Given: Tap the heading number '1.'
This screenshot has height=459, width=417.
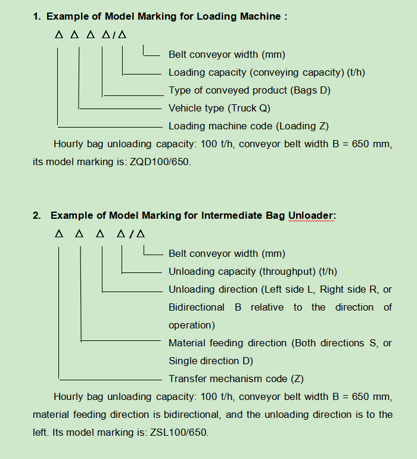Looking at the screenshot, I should pos(37,16).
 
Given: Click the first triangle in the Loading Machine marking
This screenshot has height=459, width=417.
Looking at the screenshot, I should pos(58,35).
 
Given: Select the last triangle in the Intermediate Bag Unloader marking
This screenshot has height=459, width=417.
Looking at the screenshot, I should pos(141,234).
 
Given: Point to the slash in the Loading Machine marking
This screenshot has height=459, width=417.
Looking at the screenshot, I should pos(114,35).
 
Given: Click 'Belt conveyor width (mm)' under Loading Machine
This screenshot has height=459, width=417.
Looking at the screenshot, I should pos(226,54).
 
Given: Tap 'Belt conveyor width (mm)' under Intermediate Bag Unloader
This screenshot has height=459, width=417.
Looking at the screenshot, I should pos(226,253).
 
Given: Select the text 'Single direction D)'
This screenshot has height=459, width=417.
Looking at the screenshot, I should pos(210,361).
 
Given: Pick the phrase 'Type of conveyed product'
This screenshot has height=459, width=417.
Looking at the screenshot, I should pos(228,90).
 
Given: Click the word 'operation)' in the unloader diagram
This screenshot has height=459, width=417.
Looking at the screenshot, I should pos(191,325).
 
